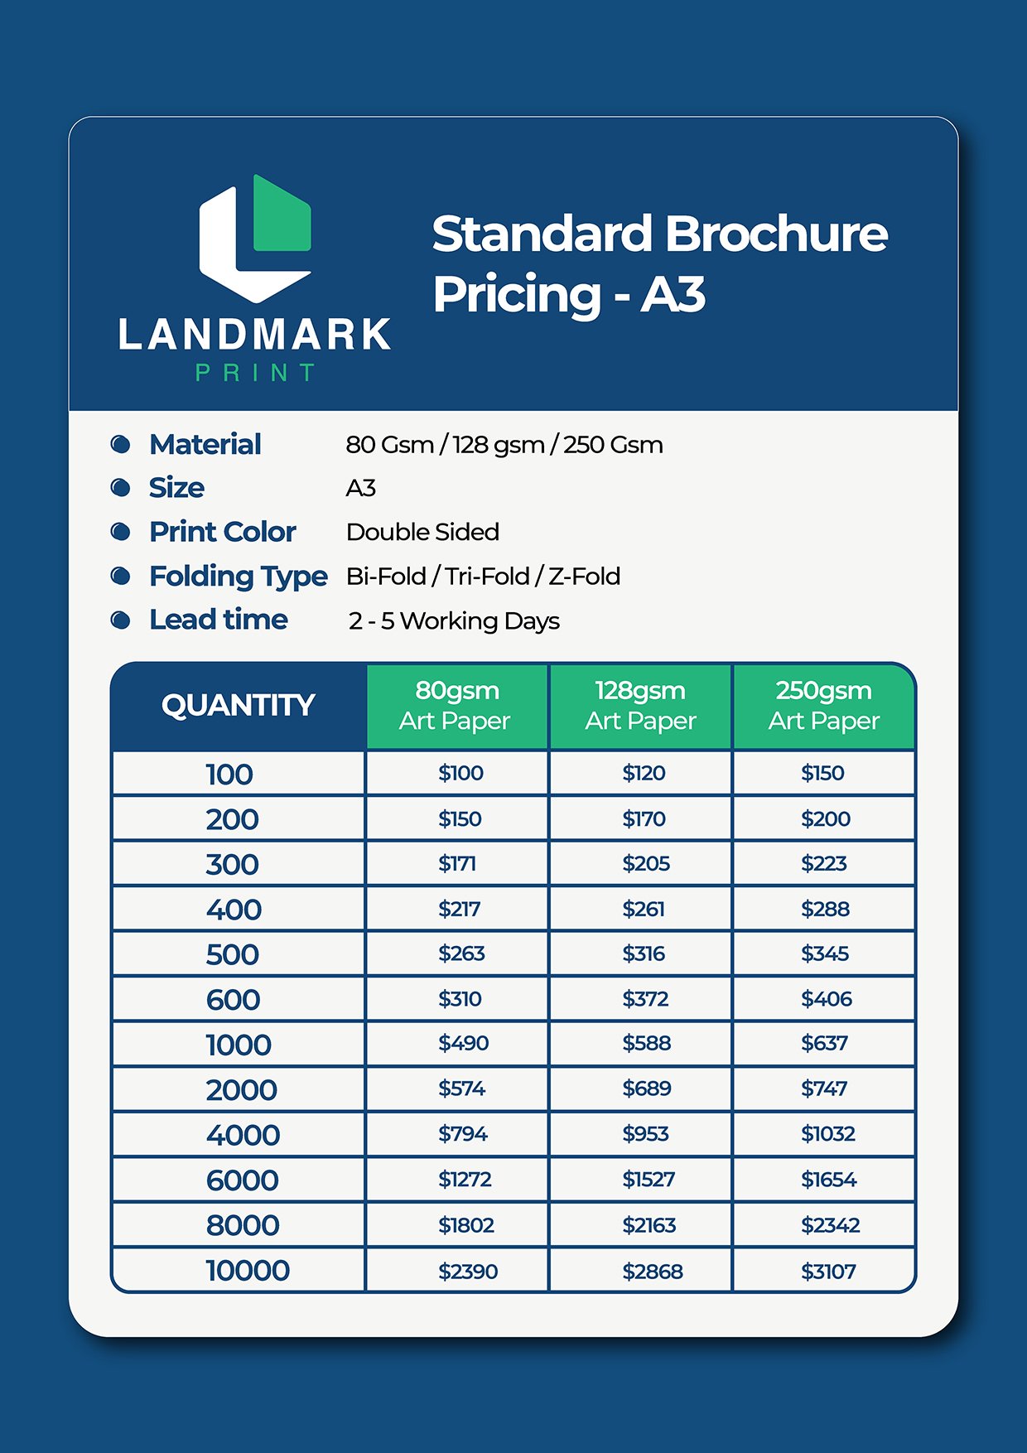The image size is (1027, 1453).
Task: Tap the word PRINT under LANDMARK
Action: point(255,373)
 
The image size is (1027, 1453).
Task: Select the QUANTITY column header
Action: point(239,706)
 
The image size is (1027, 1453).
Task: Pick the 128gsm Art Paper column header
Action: point(640,706)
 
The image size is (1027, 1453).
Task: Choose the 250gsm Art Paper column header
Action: point(824,706)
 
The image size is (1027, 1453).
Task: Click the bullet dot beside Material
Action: point(121,444)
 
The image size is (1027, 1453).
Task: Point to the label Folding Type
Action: point(239,576)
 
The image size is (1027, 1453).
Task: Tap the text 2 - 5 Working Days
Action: point(454,620)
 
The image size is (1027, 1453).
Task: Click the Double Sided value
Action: point(422,532)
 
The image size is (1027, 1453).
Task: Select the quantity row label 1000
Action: point(239,1045)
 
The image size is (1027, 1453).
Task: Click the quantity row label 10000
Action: point(248,1270)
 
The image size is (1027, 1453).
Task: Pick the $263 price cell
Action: point(461,953)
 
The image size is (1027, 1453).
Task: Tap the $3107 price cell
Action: point(828,1271)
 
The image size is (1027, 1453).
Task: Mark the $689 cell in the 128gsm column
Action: point(647,1089)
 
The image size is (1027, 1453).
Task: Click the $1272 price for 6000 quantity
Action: point(465,1179)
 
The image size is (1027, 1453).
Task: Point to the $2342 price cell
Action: point(830,1225)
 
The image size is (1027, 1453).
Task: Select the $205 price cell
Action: point(646,863)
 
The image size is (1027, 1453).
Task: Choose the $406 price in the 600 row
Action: point(827,999)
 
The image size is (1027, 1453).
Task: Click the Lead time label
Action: point(219,620)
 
